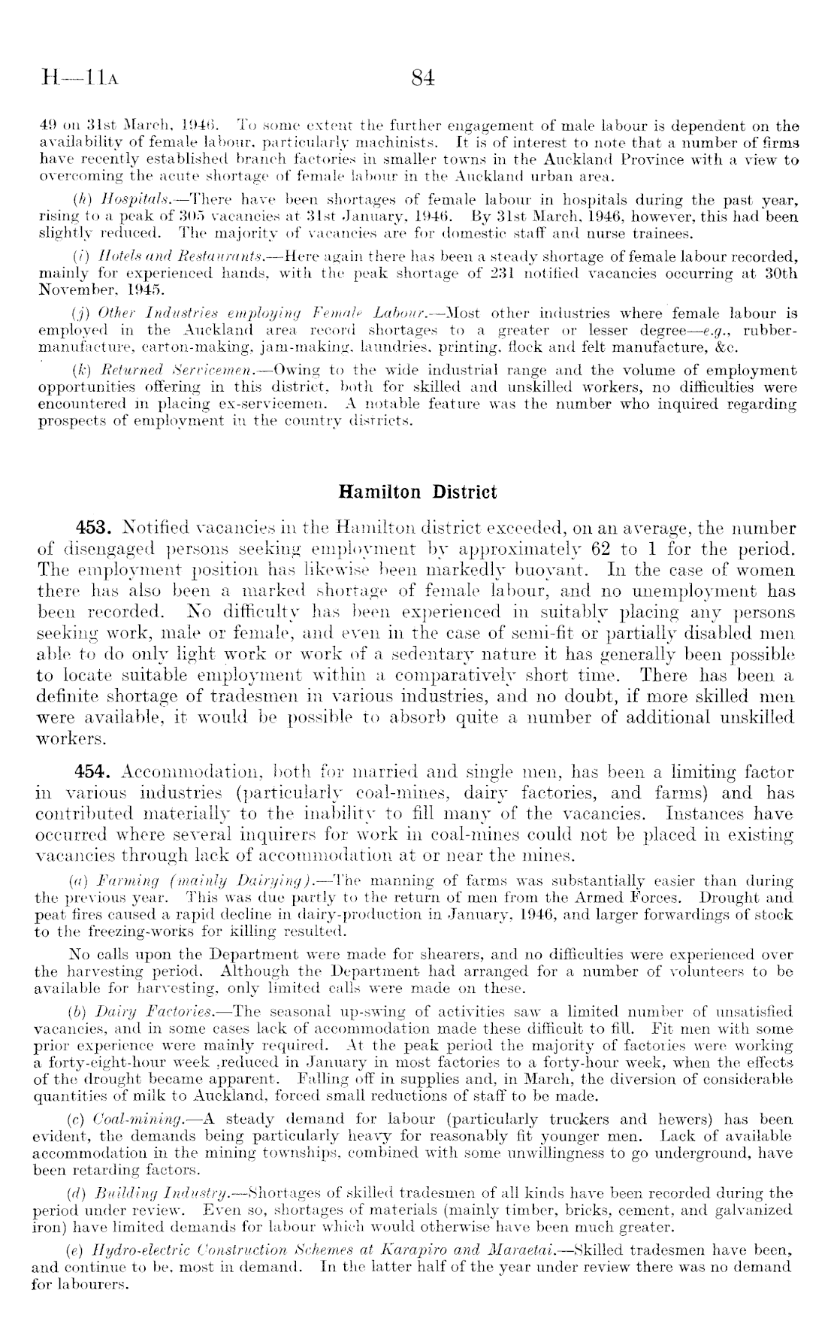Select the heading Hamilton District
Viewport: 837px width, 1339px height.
[418, 492]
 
